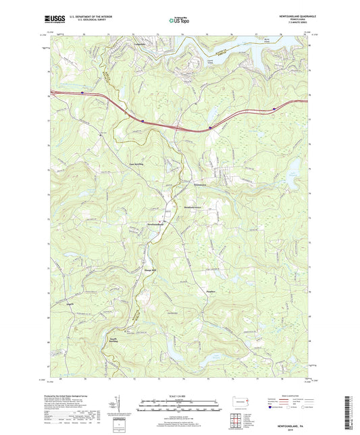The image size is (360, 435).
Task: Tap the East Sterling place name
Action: [x=136, y=164]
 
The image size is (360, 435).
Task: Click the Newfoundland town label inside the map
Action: [x=152, y=224]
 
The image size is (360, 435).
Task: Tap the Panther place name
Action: [x=210, y=292]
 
